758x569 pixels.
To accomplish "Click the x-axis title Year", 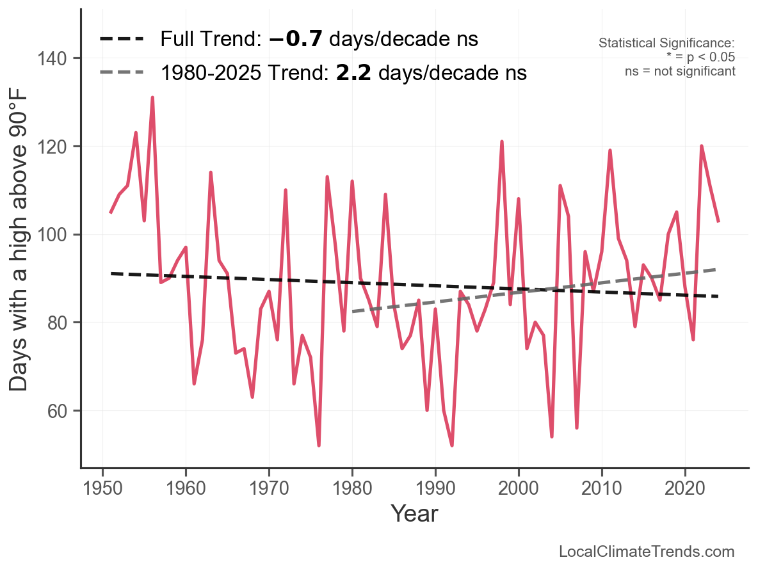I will click(414, 513).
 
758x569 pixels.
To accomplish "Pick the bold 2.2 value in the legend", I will click(351, 73).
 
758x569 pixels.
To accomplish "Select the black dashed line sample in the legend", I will click(122, 40).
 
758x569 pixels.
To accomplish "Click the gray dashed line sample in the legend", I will click(122, 73).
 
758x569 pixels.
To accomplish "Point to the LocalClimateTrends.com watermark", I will click(647, 552).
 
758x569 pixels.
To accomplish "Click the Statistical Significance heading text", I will click(666, 44).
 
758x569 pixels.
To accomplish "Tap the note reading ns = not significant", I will click(680, 71).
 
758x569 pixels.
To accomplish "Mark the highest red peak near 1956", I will click(152, 98).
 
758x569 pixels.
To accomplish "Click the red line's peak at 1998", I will click(502, 141).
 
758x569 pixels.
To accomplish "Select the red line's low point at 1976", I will click(319, 445).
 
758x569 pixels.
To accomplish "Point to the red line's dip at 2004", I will click(552, 437).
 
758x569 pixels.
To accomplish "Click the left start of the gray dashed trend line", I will click(353, 312).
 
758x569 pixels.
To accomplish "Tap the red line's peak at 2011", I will click(610, 150).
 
